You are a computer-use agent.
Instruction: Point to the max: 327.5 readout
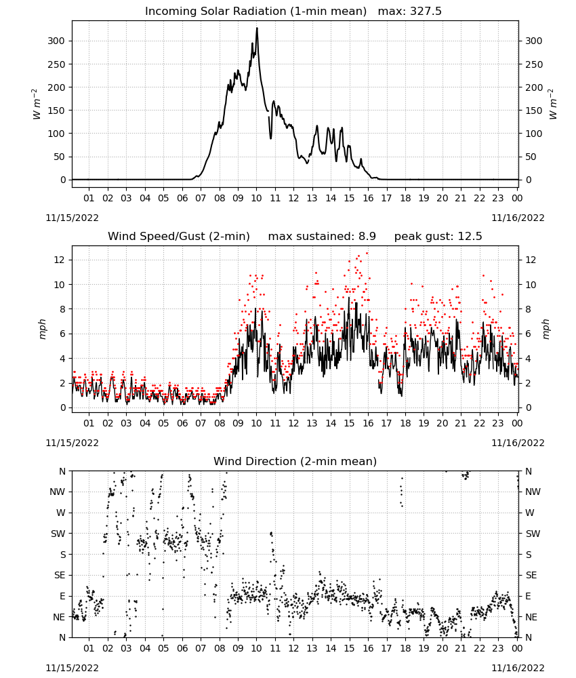(x=410, y=12)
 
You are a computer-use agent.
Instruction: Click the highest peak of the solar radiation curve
(x=257, y=28)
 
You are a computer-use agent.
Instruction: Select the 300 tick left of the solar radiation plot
(x=56, y=41)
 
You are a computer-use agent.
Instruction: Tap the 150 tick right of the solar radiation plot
(x=534, y=111)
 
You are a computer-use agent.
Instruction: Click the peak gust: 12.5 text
(x=438, y=237)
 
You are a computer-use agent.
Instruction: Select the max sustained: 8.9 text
(x=322, y=237)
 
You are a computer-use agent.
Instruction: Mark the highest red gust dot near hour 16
(x=367, y=253)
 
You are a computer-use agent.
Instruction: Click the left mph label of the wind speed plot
(x=42, y=329)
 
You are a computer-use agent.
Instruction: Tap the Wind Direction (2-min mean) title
(x=295, y=461)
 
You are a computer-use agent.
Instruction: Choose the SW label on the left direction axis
(x=58, y=534)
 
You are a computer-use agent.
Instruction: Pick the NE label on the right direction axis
(x=531, y=617)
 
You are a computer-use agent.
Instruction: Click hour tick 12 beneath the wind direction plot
(x=293, y=648)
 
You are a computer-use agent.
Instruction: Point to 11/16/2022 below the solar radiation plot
(x=518, y=218)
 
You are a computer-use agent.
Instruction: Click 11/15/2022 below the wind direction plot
(x=72, y=668)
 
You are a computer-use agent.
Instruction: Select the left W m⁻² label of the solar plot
(x=37, y=104)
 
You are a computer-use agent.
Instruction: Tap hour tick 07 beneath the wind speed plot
(x=201, y=423)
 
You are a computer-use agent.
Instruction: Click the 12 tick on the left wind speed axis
(x=60, y=260)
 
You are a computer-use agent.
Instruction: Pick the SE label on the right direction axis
(x=531, y=575)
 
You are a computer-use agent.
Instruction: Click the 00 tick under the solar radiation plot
(x=517, y=198)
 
